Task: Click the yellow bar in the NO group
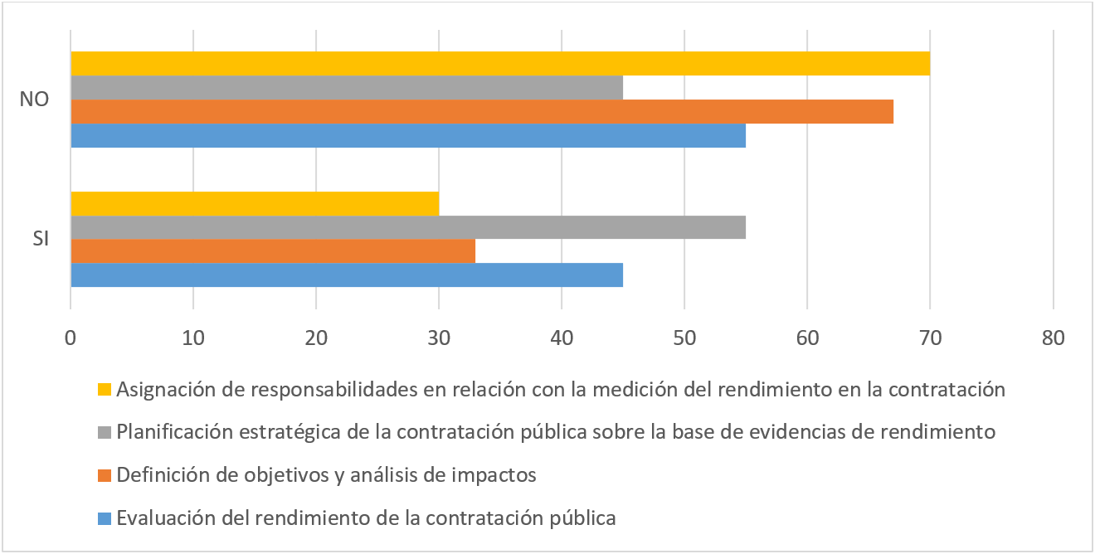pos(500,64)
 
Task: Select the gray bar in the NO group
pos(347,88)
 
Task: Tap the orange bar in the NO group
pos(482,111)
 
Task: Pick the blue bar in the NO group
pos(408,135)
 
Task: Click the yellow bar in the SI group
pos(255,203)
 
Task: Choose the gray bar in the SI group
pos(408,227)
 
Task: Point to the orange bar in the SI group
pos(273,251)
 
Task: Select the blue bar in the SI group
pos(347,275)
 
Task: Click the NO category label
pos(35,100)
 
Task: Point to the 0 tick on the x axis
pos(71,338)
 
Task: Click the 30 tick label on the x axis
pos(439,338)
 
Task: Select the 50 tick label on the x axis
pos(684,338)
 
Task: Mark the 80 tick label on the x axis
pos(1053,338)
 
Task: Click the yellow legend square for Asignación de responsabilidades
pos(105,389)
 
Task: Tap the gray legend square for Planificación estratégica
pos(105,432)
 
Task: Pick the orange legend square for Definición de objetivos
pos(105,475)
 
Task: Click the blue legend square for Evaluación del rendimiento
pos(105,518)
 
